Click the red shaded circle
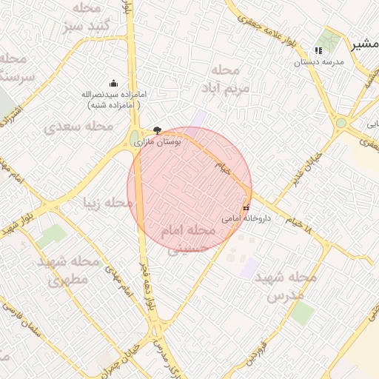[x=189, y=189]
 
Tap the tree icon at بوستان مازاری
[x=156, y=129]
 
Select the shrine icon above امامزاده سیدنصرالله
[x=113, y=83]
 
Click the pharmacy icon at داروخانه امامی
[x=246, y=208]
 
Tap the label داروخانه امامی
[x=246, y=219]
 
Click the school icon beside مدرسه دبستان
[x=318, y=50]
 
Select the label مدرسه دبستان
[x=320, y=62]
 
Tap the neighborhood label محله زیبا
[x=108, y=202]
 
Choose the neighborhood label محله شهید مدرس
[x=285, y=285]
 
